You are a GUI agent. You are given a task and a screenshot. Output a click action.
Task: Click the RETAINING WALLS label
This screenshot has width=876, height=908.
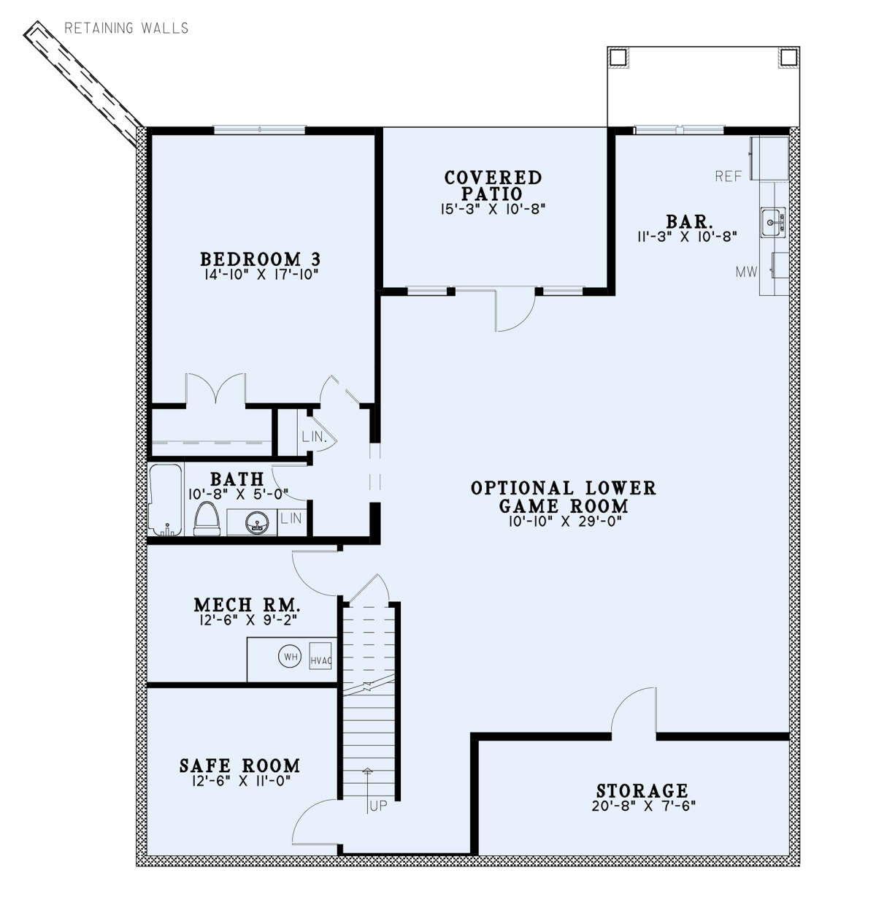click(x=126, y=28)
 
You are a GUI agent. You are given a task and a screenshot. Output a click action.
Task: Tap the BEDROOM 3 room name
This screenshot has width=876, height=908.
click(x=260, y=259)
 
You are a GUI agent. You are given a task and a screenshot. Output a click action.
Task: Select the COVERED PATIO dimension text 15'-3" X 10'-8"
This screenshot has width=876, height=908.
click(x=493, y=209)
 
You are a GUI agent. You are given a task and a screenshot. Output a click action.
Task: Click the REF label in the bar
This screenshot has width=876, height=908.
click(x=728, y=176)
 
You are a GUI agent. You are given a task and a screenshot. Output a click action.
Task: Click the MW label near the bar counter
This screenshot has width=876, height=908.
click(x=746, y=272)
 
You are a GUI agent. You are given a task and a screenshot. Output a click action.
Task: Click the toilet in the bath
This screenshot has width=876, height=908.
click(x=207, y=521)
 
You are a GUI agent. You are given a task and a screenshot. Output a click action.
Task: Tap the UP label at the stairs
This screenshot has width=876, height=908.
click(x=377, y=807)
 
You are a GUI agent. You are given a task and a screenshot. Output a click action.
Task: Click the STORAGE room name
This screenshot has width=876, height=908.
click(x=642, y=791)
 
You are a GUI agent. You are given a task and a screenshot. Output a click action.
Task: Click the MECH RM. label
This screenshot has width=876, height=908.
click(x=247, y=605)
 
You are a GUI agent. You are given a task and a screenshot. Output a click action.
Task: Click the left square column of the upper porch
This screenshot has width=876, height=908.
click(x=618, y=58)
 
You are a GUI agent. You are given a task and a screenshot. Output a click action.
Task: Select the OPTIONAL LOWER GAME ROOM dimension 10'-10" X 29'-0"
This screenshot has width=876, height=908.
click(x=563, y=522)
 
